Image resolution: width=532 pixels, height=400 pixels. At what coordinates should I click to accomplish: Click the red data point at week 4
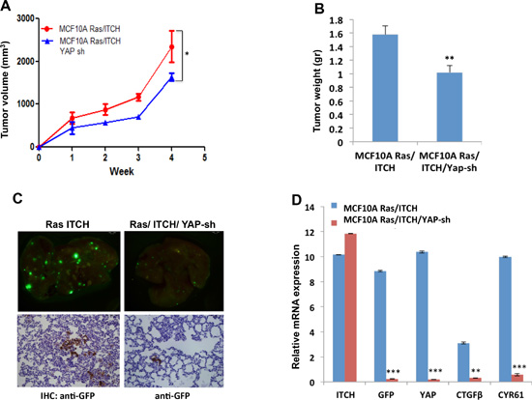(171, 46)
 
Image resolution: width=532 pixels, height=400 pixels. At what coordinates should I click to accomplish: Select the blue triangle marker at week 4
(171, 78)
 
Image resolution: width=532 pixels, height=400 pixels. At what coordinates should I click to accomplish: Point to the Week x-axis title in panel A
(122, 172)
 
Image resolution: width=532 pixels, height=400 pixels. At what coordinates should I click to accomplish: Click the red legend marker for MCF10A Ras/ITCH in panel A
(46, 29)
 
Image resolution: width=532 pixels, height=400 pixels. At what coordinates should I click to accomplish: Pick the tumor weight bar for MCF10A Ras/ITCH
(385, 88)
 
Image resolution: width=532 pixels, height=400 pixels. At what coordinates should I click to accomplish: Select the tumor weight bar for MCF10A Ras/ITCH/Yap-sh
(449, 107)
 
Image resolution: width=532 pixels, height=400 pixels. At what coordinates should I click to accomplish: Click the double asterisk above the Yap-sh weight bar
(449, 58)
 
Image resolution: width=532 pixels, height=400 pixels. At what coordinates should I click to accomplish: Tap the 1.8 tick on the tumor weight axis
(336, 20)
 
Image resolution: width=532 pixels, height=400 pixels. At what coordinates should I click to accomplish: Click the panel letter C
(17, 198)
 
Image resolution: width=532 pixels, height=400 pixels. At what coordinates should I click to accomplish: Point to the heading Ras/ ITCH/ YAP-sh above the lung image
(172, 224)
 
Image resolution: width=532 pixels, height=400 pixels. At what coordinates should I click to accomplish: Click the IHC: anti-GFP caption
(68, 395)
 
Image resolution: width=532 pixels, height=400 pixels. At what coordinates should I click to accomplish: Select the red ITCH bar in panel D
(350, 308)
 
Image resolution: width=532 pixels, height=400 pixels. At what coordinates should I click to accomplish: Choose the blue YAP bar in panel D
(422, 317)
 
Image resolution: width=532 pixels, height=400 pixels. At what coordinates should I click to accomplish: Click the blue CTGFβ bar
(463, 362)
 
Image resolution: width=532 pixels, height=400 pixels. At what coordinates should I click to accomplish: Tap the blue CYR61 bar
(505, 320)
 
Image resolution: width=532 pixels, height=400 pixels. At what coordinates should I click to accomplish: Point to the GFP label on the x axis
(386, 395)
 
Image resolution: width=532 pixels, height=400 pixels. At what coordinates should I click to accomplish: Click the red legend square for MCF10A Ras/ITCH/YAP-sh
(335, 223)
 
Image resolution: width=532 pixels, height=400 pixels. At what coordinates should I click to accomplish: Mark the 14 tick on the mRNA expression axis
(310, 207)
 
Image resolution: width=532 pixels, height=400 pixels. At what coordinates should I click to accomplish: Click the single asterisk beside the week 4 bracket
(187, 54)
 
